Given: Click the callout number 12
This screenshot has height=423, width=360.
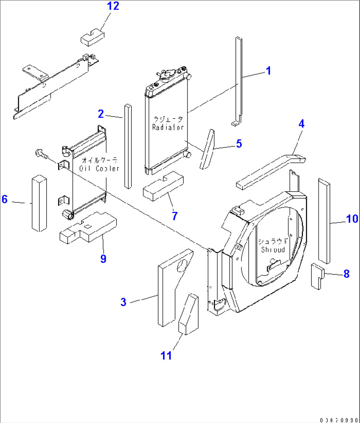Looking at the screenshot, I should click(x=113, y=6).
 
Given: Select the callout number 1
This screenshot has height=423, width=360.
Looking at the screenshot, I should click(x=269, y=71).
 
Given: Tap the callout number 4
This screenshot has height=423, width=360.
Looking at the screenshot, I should click(x=301, y=124).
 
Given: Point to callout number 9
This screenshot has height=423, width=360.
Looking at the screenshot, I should click(x=103, y=259).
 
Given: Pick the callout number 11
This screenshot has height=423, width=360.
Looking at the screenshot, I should click(x=166, y=356).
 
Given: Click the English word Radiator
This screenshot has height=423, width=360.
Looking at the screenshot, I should click(x=168, y=127).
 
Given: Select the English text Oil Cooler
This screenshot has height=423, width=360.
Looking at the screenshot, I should click(x=99, y=169).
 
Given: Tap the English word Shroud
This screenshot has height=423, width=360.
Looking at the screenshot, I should click(x=273, y=250).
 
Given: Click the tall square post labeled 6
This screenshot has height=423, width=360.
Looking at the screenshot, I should click(x=39, y=203).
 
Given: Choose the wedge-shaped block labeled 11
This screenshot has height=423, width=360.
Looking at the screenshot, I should click(x=189, y=315).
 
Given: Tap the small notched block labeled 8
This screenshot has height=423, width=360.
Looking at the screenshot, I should click(x=315, y=276).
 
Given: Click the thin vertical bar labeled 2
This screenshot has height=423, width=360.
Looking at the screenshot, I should click(x=127, y=147).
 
